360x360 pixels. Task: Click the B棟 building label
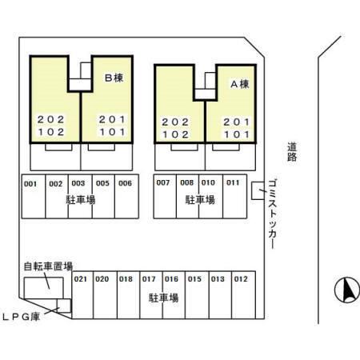point(114,78)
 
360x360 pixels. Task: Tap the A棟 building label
point(240,84)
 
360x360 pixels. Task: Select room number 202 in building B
point(50,119)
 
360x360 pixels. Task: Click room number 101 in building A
point(237,134)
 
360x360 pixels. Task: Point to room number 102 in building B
point(50,132)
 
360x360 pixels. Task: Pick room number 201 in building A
point(237,122)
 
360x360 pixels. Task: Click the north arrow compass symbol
point(347,290)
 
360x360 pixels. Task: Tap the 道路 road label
point(292,152)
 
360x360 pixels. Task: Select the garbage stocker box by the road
point(258,190)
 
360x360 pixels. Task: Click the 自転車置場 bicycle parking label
point(48,266)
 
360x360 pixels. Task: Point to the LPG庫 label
point(22,317)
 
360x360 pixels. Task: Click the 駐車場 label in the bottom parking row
point(163,298)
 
